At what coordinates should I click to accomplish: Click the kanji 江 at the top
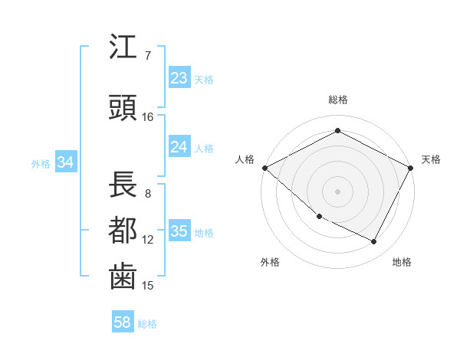tap(123, 48)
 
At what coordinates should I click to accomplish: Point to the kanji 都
tap(123, 230)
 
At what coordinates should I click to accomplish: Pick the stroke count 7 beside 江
tap(147, 55)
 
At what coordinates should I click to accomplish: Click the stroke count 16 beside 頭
tap(148, 116)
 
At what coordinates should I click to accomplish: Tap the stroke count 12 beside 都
tap(148, 239)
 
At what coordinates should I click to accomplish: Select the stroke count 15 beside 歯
tap(148, 285)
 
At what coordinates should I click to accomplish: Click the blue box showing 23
tap(179, 77)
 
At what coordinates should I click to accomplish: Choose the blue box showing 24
tap(179, 146)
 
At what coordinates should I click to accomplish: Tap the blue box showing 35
tap(179, 231)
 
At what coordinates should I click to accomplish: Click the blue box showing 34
tap(65, 162)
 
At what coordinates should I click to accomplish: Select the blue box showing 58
tap(122, 322)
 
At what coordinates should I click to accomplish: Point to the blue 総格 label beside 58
tap(147, 324)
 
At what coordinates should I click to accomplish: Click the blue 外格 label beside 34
tap(41, 163)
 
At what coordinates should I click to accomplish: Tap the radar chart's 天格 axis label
tap(431, 159)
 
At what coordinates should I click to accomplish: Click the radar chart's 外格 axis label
tap(270, 262)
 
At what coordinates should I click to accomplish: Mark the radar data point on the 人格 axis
tap(264, 168)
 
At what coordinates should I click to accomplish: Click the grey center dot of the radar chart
tap(337, 191)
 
